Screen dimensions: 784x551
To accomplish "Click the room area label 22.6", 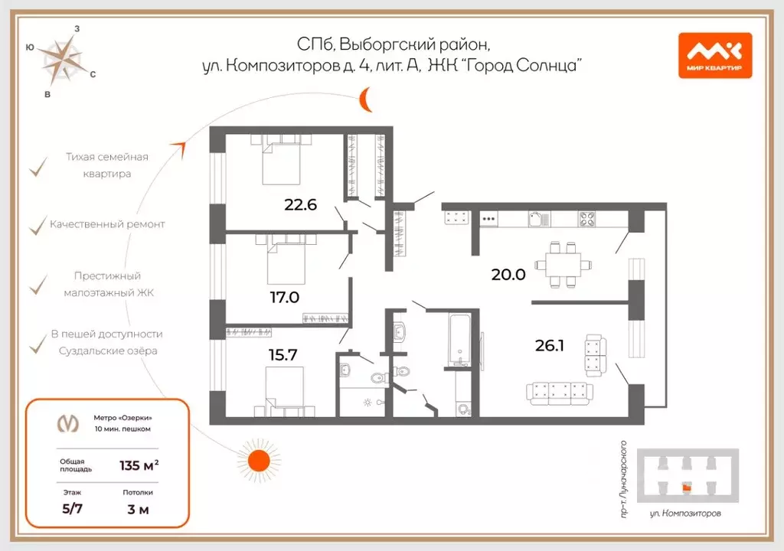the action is coord(300,204).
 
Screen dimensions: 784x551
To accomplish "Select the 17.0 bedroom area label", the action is coord(285,298).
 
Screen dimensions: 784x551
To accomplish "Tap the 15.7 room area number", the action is coord(283,355).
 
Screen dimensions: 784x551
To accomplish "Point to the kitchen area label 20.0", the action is coord(508,275).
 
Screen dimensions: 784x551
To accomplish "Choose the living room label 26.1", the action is coord(550,345).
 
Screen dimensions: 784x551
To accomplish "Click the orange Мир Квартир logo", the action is coord(715,56).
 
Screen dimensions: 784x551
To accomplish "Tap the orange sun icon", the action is coord(259,461).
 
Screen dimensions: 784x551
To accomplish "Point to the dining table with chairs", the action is coord(563,265).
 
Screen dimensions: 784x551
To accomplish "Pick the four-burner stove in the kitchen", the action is coord(587,219).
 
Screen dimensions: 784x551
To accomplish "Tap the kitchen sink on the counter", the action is coord(538,219).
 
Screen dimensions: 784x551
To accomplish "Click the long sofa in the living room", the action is coord(560,393).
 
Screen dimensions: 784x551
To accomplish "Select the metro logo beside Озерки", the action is coord(67,424).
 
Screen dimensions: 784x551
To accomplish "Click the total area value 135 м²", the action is coord(139,465).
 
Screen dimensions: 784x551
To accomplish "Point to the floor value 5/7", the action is coord(73,509).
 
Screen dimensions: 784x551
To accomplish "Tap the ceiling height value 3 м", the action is coord(138,510).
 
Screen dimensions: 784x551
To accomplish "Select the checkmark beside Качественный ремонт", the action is coord(38,227).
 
